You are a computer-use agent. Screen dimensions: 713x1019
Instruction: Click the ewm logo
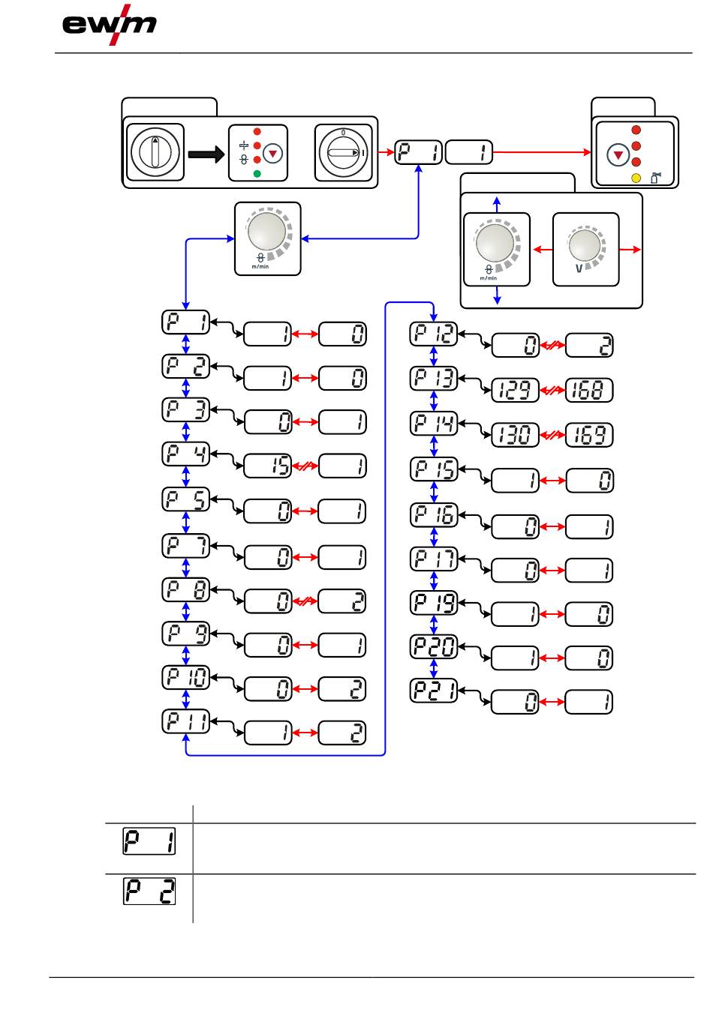tap(110, 25)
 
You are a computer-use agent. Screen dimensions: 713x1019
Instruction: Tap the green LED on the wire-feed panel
tap(257, 174)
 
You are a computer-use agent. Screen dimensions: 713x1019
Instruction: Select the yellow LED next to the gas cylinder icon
tap(636, 178)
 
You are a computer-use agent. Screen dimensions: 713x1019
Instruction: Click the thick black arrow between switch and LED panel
tap(206, 154)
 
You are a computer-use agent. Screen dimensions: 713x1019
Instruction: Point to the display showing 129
tap(515, 391)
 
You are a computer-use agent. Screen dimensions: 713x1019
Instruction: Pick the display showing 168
tap(589, 391)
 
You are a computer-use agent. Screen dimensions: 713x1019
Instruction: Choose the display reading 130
tap(515, 434)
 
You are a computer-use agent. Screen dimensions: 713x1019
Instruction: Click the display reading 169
tap(589, 434)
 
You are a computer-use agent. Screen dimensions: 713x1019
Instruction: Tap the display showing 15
tap(267, 466)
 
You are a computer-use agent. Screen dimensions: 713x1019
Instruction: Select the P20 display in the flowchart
tap(434, 646)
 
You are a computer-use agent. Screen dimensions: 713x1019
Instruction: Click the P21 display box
tap(434, 691)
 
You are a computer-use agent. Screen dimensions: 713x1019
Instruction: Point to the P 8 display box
tap(186, 590)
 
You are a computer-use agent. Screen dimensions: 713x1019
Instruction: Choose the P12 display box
tap(434, 334)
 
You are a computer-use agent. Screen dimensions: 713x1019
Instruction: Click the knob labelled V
tap(586, 249)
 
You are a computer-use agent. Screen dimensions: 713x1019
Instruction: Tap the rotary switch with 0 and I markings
tap(343, 153)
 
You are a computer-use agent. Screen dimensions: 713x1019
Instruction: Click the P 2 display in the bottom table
tap(149, 892)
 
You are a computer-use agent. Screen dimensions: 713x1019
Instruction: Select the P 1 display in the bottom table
tap(149, 841)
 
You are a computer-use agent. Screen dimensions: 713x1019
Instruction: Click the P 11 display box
tap(186, 721)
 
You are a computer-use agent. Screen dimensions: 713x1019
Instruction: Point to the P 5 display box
tap(186, 499)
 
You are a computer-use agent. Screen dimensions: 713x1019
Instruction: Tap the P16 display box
tap(434, 515)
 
